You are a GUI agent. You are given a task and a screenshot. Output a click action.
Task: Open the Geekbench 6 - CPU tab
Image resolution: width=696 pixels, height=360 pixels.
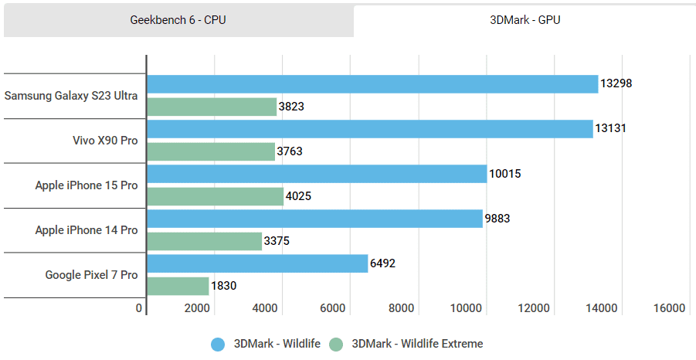pos(178,20)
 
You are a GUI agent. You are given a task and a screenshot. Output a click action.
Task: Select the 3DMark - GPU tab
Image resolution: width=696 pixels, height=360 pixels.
pos(525,20)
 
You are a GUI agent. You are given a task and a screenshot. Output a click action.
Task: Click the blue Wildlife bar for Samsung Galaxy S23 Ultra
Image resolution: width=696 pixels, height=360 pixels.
pos(372,84)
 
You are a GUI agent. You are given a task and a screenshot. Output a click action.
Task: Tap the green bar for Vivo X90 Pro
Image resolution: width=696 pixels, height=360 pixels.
pos(211,151)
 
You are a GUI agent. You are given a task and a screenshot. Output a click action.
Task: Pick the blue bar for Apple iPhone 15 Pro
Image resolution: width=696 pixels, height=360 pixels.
pos(317,174)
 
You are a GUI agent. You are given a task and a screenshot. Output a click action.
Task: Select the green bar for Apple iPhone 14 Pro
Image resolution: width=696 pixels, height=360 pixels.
pos(205,241)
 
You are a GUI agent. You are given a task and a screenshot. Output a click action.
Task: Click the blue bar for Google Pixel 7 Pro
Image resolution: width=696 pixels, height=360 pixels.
pos(257,263)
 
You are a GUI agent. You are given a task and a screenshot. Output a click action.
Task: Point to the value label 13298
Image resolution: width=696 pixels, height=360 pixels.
pos(616,83)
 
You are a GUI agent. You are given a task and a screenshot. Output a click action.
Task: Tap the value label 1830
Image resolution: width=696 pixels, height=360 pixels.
pos(224,286)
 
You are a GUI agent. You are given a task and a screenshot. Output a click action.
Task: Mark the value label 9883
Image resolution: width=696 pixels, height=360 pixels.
pos(497,219)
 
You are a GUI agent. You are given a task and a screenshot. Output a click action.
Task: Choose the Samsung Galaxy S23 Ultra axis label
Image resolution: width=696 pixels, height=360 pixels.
pos(71,96)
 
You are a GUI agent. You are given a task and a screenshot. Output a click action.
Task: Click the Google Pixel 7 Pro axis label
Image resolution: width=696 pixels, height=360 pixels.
pos(91,274)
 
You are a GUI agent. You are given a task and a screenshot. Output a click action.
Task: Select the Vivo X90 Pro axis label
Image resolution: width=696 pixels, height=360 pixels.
pos(105,141)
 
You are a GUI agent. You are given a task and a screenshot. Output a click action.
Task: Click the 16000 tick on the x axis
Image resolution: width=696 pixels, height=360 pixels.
pos(669,308)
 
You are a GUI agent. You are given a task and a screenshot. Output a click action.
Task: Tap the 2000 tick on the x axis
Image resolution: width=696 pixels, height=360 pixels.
pos(197,308)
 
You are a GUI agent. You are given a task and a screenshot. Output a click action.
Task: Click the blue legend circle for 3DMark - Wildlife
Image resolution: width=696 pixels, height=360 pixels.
pos(219,344)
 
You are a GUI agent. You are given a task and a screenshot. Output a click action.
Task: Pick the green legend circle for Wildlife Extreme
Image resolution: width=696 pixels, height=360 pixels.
pos(337,344)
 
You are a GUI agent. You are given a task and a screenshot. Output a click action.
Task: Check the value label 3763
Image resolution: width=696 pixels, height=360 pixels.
pos(290,151)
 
